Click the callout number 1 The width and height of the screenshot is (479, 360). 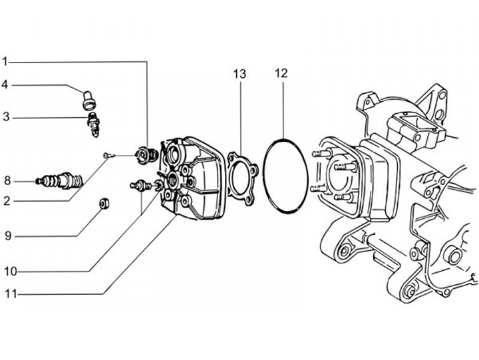(5, 61)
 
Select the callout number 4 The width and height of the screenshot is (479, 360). (5, 85)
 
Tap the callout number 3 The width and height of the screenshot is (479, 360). (6, 116)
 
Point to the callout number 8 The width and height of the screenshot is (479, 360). (7, 180)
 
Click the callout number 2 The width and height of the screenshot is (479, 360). (7, 201)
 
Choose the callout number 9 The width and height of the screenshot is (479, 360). (8, 236)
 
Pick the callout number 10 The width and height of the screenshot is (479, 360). (11, 271)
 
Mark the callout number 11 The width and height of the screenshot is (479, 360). (11, 294)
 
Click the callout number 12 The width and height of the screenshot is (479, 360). (281, 73)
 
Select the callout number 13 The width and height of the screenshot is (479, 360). (239, 74)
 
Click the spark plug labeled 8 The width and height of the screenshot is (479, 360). (59, 180)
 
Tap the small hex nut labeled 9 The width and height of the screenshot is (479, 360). (104, 204)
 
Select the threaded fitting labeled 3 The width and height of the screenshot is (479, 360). (94, 124)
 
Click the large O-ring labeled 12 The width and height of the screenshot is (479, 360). (263, 176)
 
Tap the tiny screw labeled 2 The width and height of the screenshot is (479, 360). (108, 156)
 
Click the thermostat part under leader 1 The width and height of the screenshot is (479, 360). (146, 155)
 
